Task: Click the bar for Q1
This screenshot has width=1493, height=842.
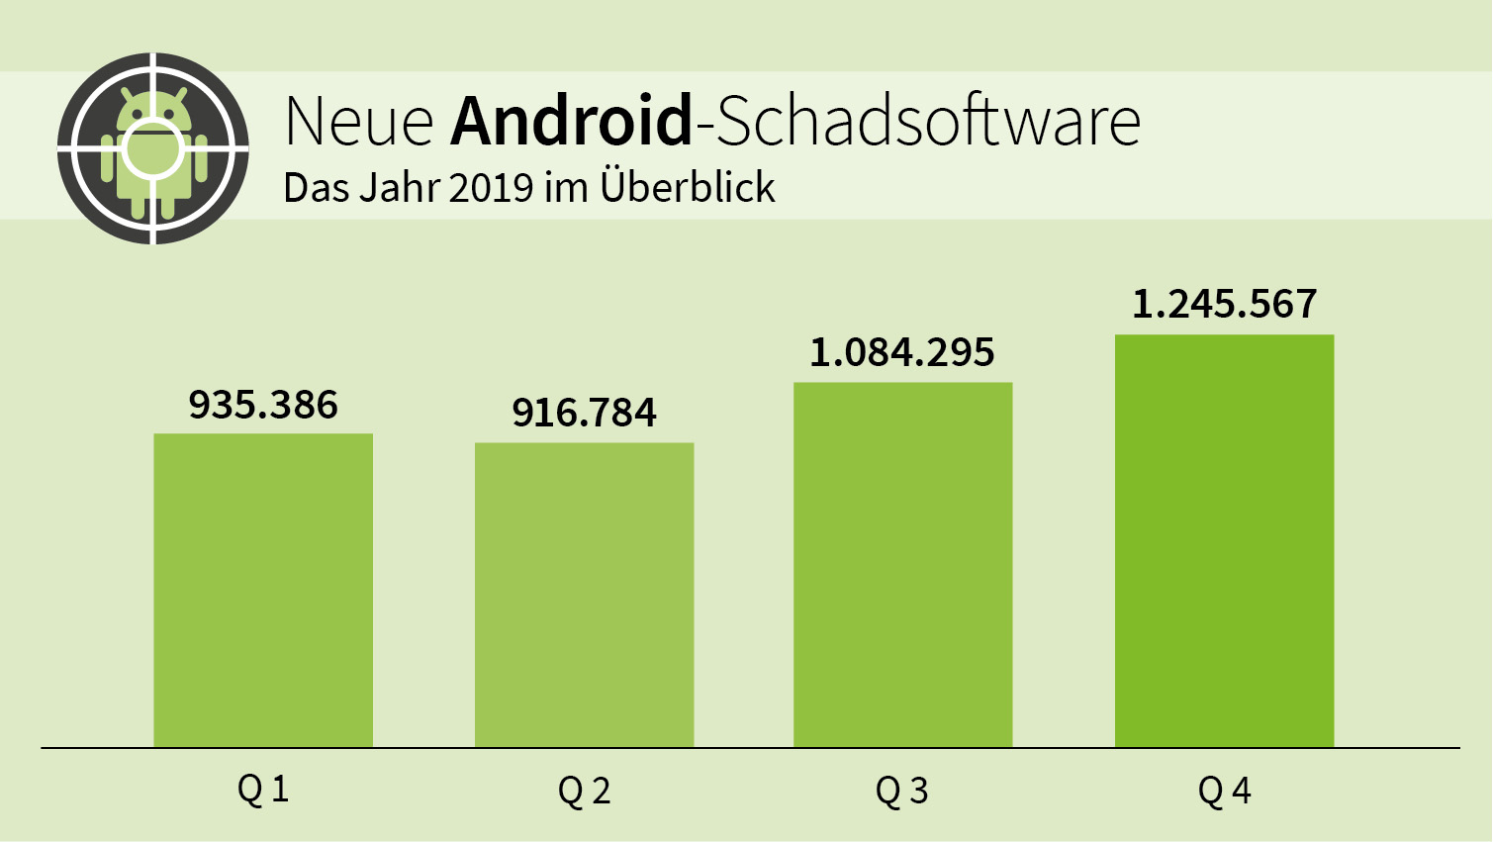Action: [x=263, y=590]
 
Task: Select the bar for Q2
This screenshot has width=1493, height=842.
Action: [x=584, y=595]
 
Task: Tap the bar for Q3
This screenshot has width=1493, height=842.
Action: [x=902, y=564]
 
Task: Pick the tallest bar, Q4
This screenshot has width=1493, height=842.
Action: [x=1224, y=540]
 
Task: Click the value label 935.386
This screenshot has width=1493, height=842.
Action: [x=263, y=405]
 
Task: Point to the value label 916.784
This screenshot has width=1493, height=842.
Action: [x=584, y=413]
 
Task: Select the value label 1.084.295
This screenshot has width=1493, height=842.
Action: [x=902, y=352]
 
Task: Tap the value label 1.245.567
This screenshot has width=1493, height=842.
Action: [x=1224, y=304]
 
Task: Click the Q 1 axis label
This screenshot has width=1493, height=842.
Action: [x=263, y=790]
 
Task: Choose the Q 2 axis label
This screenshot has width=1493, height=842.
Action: [x=584, y=791]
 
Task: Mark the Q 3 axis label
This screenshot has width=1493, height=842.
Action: [x=902, y=791]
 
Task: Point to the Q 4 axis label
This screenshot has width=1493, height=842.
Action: [x=1224, y=791]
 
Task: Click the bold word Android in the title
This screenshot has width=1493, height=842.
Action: [x=572, y=121]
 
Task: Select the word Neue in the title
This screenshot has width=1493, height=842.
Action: [x=359, y=122]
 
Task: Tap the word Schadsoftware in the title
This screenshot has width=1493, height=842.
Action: [x=928, y=121]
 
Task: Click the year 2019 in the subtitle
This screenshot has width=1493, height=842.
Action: [x=492, y=188]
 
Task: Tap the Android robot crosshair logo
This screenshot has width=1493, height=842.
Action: [x=153, y=148]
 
